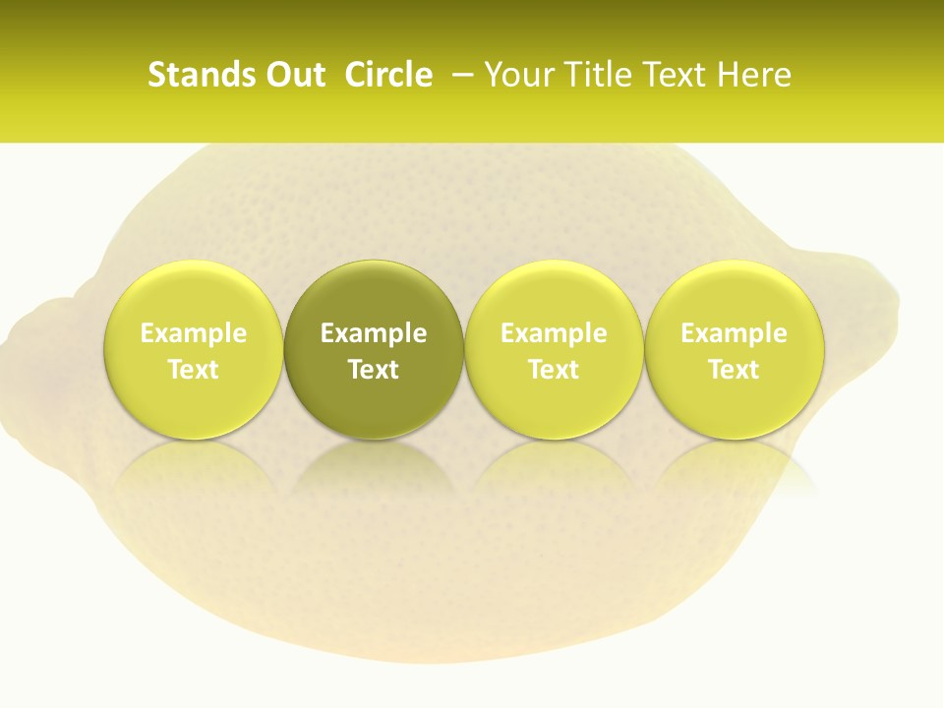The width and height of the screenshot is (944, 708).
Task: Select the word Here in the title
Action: point(754,75)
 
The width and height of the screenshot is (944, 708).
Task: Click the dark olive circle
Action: point(374,349)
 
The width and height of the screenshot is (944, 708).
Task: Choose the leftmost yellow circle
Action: point(194,349)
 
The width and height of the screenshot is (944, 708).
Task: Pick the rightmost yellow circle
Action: point(735,349)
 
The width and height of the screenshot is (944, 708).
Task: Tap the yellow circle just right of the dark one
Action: point(554,349)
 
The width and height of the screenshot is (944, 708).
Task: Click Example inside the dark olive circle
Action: point(374,333)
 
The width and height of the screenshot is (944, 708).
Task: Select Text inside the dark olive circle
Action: point(374,370)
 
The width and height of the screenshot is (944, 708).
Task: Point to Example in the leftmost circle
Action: point(194,333)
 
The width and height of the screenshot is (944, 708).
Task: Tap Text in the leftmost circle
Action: point(194,370)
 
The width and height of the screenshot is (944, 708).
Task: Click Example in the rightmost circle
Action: point(735,333)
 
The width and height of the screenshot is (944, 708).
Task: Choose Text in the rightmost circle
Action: point(735,370)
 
